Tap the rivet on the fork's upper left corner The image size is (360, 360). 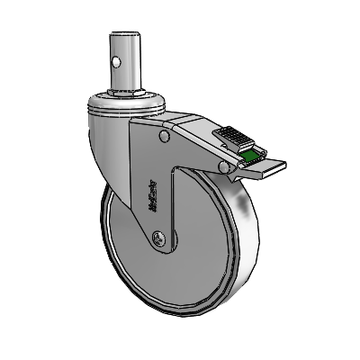pyautogui.click(x=163, y=138)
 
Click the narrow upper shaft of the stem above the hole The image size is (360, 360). pyautogui.click(x=126, y=47)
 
